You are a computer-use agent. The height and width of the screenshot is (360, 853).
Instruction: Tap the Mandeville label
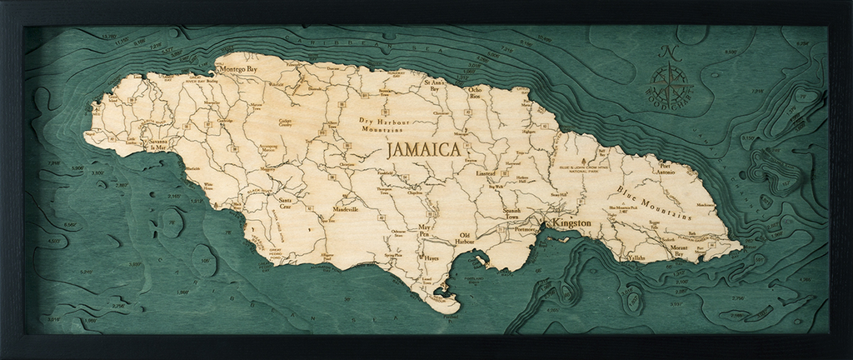pyautogui.click(x=345, y=209)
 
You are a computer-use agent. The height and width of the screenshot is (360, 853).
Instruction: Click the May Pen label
pyautogui.click(x=427, y=230)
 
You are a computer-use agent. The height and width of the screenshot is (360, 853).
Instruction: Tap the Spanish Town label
pyautogui.click(x=511, y=214)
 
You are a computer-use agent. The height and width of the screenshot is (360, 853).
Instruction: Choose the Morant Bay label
pyautogui.click(x=679, y=249)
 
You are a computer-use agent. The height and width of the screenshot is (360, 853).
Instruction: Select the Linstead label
pyautogui.click(x=486, y=173)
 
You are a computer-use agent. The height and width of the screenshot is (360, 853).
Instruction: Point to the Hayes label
pyautogui.click(x=431, y=258)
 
